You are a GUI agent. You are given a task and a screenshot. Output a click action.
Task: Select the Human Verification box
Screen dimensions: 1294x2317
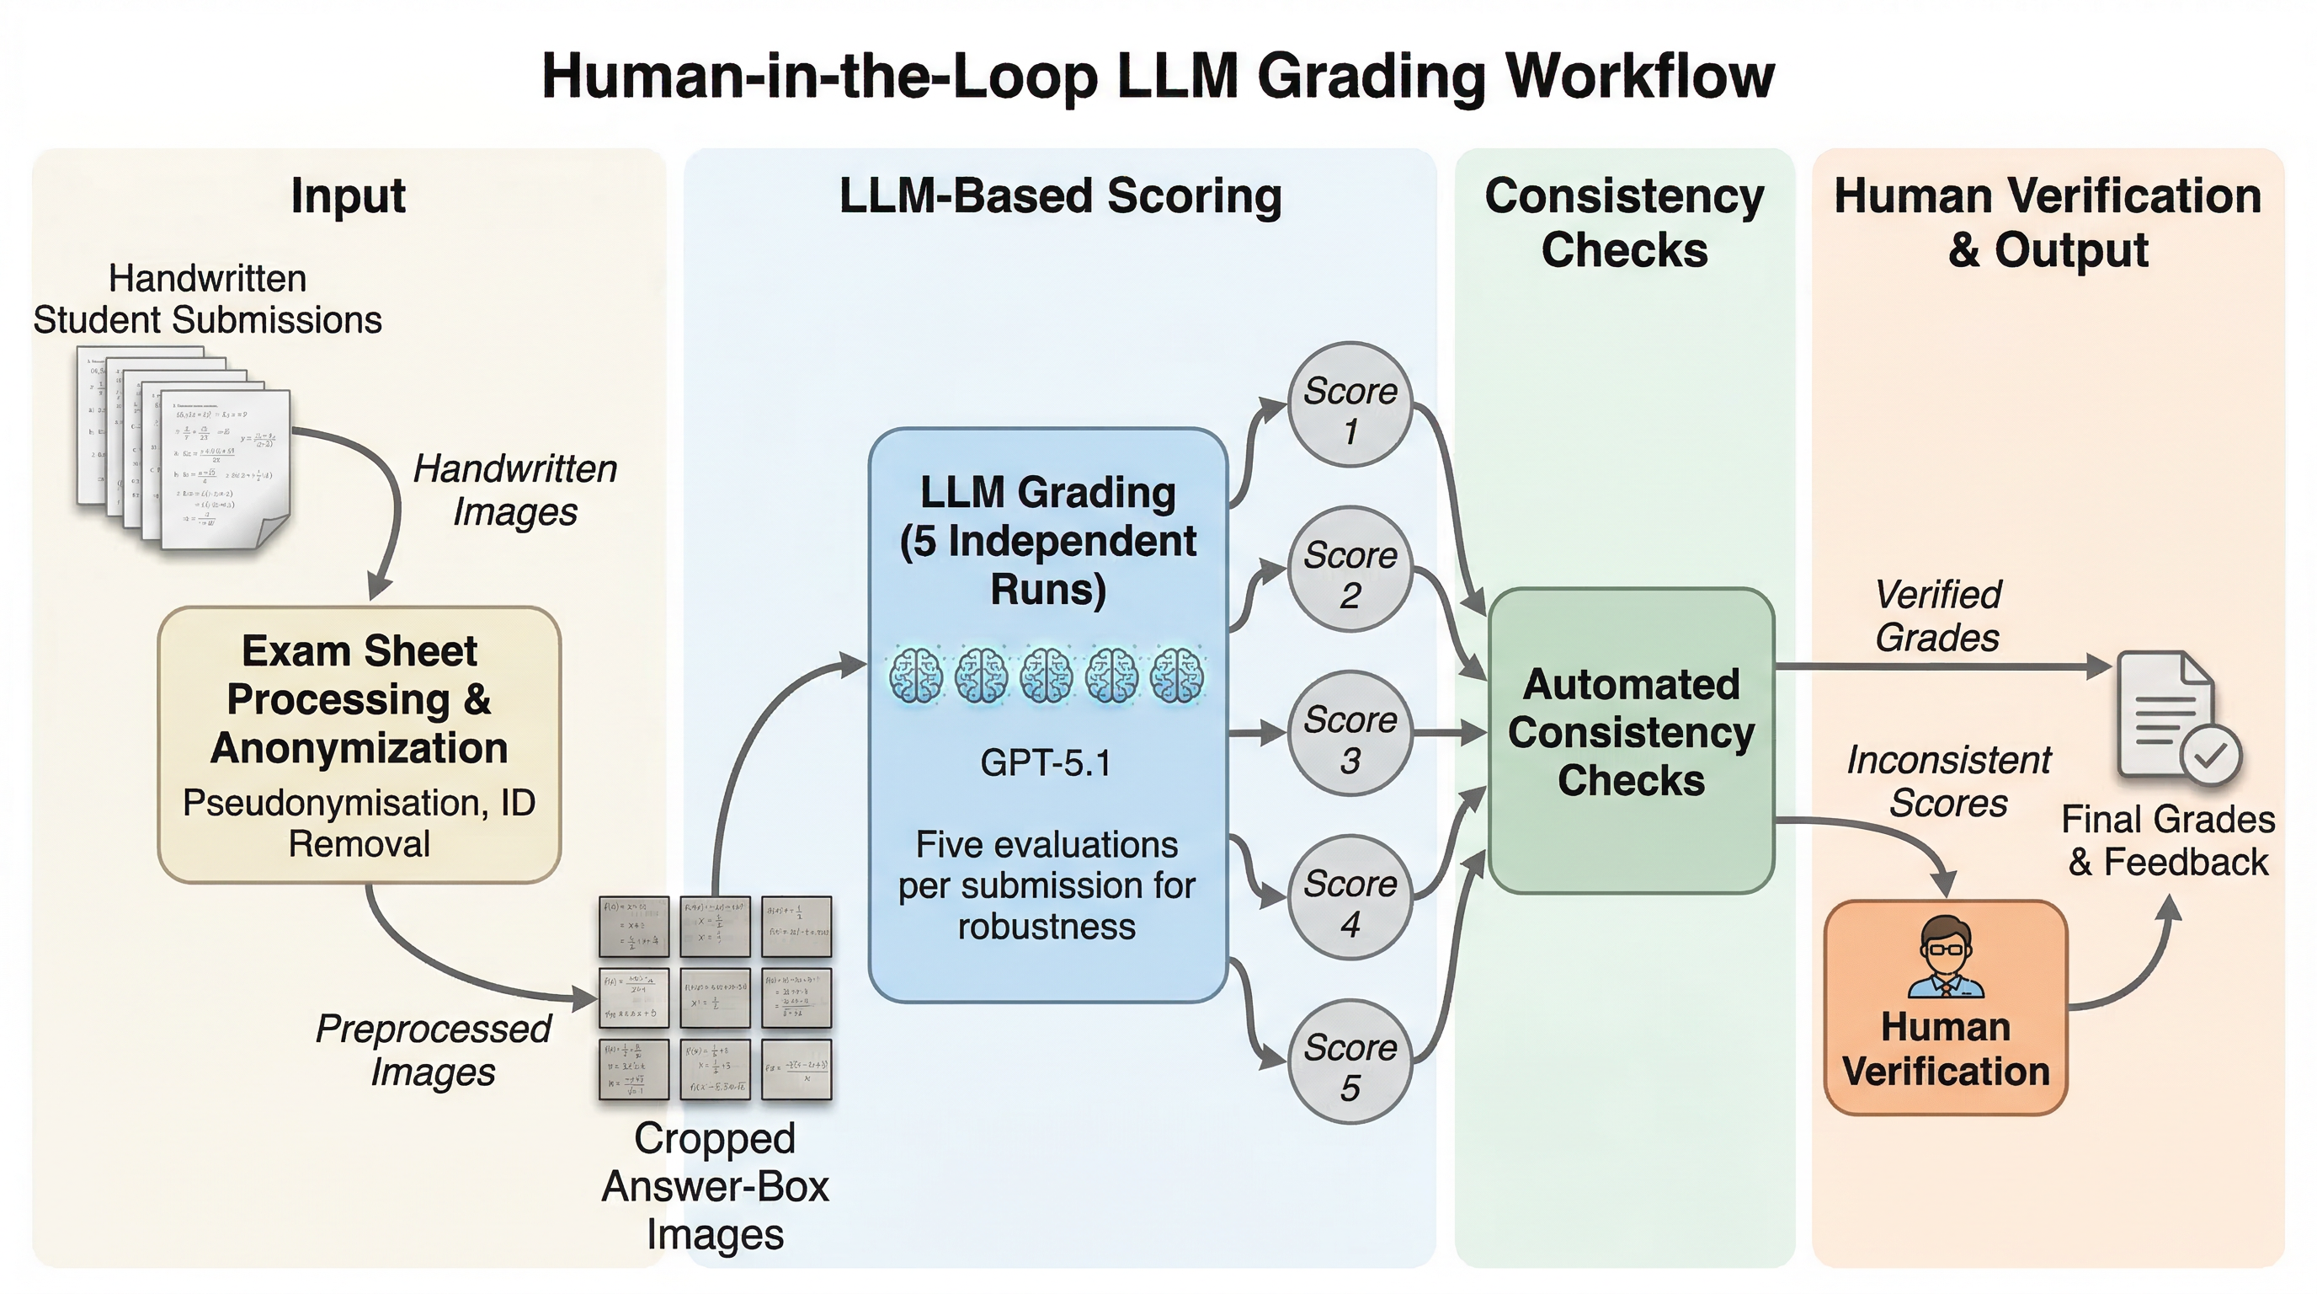coord(1946,1008)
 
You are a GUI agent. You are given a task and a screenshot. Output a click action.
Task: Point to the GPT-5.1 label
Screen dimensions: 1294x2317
coord(1046,763)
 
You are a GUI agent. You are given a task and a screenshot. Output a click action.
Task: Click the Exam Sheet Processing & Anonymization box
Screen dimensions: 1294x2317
coord(359,744)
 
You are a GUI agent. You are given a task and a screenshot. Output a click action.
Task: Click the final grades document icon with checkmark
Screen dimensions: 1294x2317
coord(2176,716)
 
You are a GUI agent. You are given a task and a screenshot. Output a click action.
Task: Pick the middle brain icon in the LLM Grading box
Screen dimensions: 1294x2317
coord(1047,675)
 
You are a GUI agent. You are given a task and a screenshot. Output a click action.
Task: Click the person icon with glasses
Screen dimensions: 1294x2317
coord(1946,958)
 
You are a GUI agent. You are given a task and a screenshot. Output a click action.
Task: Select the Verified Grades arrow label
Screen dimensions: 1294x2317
coord(1937,617)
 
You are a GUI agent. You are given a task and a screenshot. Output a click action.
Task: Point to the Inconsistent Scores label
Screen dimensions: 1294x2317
coord(1948,781)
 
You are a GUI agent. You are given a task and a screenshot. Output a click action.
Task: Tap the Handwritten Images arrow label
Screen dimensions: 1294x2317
coord(514,490)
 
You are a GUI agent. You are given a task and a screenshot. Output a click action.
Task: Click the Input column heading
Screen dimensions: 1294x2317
coord(348,196)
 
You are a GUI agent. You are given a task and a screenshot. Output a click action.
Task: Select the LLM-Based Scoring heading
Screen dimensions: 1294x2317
coord(1059,196)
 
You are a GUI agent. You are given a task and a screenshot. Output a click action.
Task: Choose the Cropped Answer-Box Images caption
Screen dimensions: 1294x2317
coord(715,1186)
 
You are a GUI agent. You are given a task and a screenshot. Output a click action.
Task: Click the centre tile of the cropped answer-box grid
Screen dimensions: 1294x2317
coord(715,997)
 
